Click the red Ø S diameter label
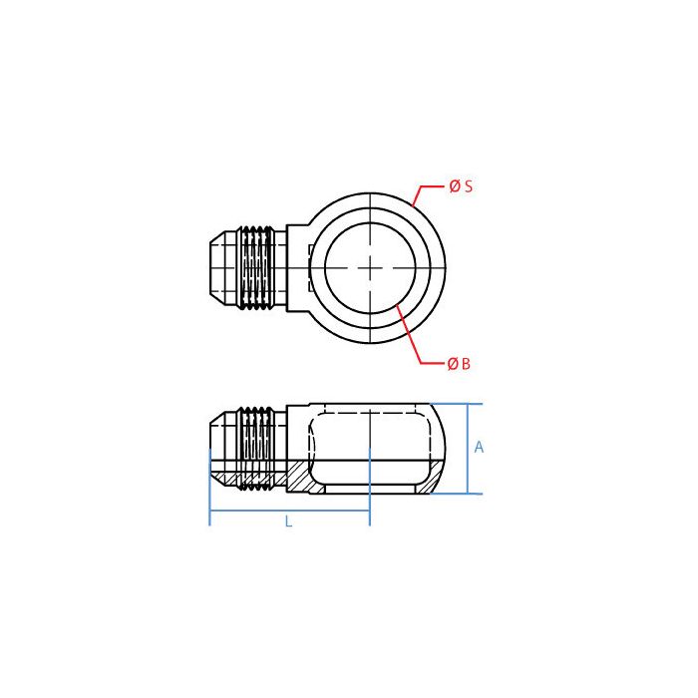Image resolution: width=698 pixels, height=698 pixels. point(460,186)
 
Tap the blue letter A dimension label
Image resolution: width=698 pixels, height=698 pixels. point(479,448)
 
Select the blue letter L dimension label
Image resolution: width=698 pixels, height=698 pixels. point(289,521)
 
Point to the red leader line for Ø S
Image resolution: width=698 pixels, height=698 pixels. point(424,191)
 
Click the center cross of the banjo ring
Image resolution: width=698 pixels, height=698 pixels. point(370,267)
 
